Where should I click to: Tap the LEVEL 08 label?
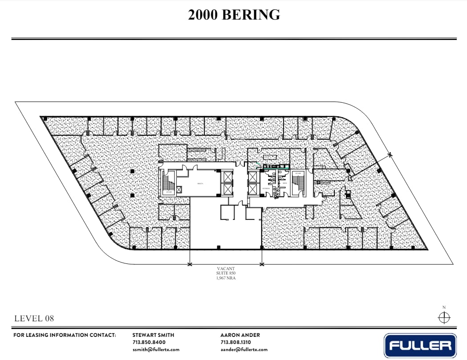pos(35,318)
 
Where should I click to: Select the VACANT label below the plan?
pos(225,268)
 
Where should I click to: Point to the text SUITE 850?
pos(225,273)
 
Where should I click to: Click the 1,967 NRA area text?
pos(225,278)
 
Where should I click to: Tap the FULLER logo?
pos(420,345)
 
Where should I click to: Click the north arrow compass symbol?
pos(444,317)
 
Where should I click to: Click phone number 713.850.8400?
pos(149,342)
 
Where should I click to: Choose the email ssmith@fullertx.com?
pos(156,349)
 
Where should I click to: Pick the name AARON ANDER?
pos(240,335)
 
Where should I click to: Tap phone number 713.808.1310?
pos(236,342)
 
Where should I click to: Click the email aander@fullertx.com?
pos(244,349)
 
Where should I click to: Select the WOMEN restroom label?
pos(267,188)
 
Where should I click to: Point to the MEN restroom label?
pos(284,183)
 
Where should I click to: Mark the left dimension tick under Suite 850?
pos(190,265)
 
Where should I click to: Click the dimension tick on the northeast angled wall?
pos(390,154)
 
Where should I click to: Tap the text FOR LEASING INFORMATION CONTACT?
pos(65,335)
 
